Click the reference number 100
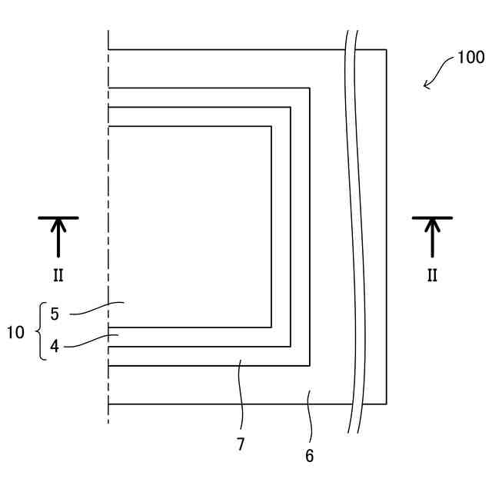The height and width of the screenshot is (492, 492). point(470,58)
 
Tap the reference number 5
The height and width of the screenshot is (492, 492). point(55,314)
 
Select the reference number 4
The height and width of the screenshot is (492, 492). point(55,346)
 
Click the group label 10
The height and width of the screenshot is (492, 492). point(15,332)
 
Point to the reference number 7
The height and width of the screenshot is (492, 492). point(241,444)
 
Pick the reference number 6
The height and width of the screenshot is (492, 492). point(309,456)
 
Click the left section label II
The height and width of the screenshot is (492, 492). point(58,275)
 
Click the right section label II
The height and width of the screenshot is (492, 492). point(432,275)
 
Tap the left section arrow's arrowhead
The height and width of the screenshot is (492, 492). point(58,225)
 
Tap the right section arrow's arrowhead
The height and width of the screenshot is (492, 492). point(432,225)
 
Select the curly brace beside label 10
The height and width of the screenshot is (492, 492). point(40,332)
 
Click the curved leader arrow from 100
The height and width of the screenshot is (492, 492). point(438,74)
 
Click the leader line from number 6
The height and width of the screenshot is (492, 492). point(310,415)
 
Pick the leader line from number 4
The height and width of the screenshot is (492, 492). point(88,341)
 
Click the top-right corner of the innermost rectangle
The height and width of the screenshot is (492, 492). point(271,126)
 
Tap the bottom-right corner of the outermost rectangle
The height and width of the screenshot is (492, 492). point(386,404)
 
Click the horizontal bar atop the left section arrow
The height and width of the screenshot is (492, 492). point(58,218)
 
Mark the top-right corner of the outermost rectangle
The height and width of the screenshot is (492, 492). point(386,50)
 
